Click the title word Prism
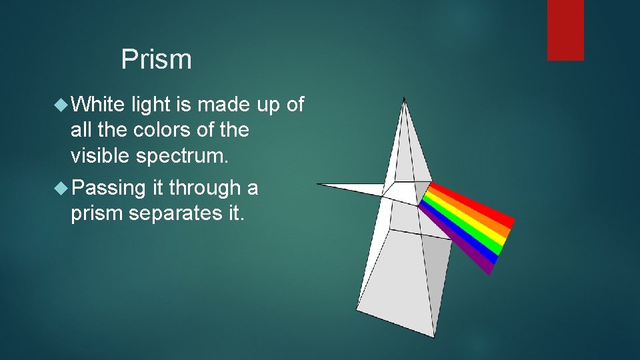click(x=156, y=60)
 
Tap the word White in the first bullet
click(x=98, y=105)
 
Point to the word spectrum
click(x=181, y=156)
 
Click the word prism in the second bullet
click(x=98, y=214)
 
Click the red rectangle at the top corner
click(x=565, y=30)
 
